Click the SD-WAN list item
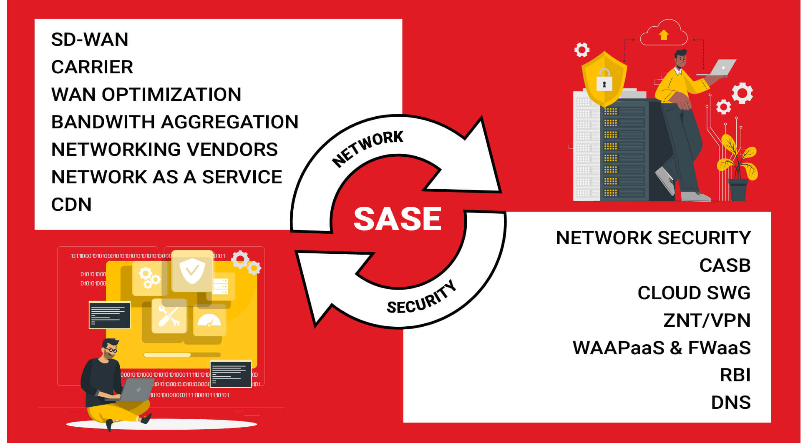click(x=89, y=40)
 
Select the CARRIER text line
click(x=92, y=67)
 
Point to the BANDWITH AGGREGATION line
click(x=175, y=122)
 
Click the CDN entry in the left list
click(x=71, y=205)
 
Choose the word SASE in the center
click(x=398, y=219)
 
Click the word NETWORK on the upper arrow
click(x=368, y=148)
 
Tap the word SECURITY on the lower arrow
click(x=422, y=298)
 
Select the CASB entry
click(x=725, y=265)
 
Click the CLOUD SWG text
click(x=694, y=293)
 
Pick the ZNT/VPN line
click(x=707, y=320)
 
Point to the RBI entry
click(x=735, y=375)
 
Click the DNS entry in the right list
click(x=731, y=403)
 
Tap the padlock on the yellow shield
click(x=604, y=80)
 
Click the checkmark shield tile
click(x=192, y=270)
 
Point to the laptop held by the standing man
click(x=716, y=68)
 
